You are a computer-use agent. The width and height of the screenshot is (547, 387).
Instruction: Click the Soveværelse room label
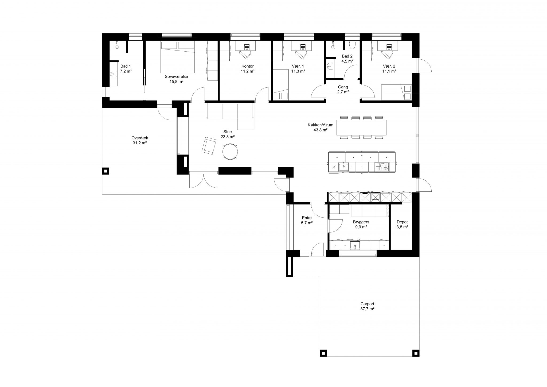tap(176, 76)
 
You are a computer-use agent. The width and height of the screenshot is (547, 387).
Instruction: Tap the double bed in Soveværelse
tap(178, 57)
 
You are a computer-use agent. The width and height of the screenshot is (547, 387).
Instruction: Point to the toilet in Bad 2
tap(352, 45)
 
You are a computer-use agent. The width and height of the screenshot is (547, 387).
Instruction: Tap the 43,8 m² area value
tap(321, 130)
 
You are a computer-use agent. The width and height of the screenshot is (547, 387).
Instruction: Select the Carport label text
tap(367, 304)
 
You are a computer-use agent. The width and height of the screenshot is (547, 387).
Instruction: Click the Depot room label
tap(402, 222)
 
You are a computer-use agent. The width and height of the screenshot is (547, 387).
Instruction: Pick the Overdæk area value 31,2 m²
tap(140, 143)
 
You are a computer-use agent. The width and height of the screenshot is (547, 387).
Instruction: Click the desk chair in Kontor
tap(245, 54)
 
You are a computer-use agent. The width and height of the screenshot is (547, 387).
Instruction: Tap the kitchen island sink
tap(343, 167)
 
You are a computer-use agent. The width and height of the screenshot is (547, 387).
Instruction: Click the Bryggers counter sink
tap(355, 245)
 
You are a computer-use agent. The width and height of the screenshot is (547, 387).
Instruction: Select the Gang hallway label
tap(343, 87)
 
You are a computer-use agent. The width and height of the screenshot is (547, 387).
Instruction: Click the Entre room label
tap(307, 218)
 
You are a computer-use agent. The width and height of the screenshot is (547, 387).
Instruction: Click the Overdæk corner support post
tap(106, 171)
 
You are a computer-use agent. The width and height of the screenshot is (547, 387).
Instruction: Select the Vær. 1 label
tap(298, 66)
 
